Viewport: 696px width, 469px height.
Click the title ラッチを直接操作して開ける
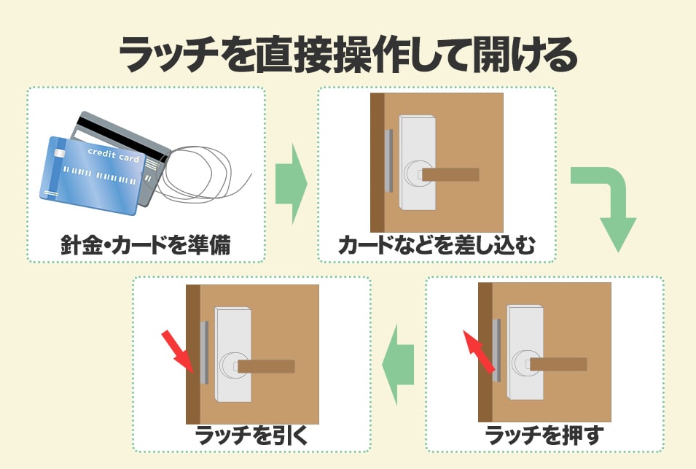(348, 55)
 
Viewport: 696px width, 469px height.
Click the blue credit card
(93, 175)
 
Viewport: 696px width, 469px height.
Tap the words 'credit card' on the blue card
(113, 155)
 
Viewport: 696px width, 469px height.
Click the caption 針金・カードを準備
(146, 245)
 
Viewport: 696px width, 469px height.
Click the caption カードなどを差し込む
(437, 245)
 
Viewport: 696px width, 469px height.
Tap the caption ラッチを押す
(544, 435)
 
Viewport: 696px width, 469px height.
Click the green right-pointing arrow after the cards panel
(292, 183)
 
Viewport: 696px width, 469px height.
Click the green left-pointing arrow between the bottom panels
(398, 365)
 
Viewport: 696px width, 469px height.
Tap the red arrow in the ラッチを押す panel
(479, 352)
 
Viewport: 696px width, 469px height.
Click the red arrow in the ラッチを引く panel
(178, 352)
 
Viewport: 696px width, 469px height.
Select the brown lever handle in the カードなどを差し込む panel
(450, 174)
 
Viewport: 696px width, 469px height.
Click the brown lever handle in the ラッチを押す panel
(558, 365)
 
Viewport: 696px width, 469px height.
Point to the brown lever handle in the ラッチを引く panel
(266, 366)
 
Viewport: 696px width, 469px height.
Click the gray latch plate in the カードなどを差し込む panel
(388, 160)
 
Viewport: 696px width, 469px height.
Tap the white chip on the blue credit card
(59, 154)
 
